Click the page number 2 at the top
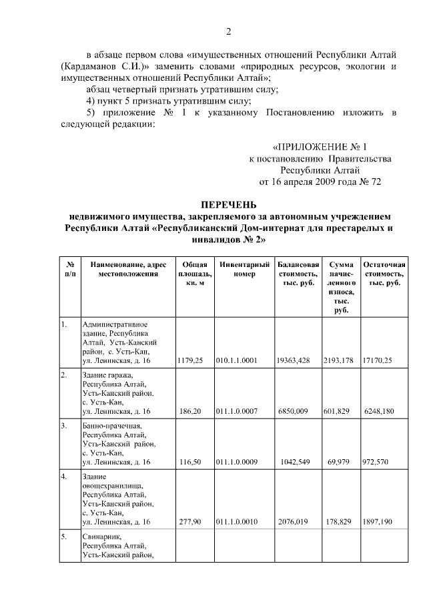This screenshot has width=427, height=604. point(228,32)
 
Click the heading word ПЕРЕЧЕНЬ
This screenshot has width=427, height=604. point(228,205)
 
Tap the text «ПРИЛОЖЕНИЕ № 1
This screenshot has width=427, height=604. point(320,146)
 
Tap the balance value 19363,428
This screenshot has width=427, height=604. point(294,360)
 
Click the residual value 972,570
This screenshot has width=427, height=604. point(378,462)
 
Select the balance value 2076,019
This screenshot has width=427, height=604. point(294,522)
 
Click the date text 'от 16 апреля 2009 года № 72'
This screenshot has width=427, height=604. point(320,182)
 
